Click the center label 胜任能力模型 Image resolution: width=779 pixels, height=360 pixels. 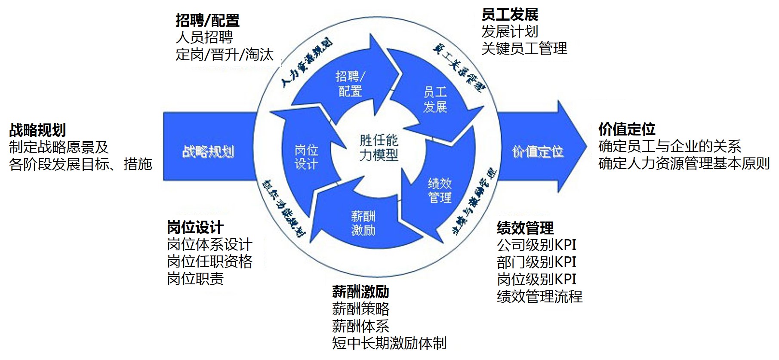tap(379, 148)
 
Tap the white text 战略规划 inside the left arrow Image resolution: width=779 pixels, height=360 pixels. tap(208, 152)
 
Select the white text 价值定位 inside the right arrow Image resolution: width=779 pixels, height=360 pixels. tap(538, 152)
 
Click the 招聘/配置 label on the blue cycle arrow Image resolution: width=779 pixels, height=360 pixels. tap(350, 84)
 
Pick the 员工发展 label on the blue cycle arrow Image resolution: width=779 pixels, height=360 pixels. tap(435, 99)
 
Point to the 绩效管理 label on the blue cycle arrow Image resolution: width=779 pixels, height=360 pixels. tap(440, 191)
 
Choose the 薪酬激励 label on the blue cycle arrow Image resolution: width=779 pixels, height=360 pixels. tap(363, 223)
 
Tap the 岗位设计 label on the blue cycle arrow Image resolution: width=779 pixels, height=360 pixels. tap(306, 157)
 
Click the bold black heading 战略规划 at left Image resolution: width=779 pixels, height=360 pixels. tap(37, 130)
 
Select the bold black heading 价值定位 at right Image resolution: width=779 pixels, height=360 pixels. tap(627, 129)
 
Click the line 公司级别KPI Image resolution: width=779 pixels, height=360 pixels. tap(536, 245)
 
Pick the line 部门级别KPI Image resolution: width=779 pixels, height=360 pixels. tap(536, 262)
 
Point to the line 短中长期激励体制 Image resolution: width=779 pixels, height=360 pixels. tap(389, 343)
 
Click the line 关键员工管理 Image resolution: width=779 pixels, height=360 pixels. tap(524, 49)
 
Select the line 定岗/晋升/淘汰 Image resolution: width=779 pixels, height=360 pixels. tap(225, 55)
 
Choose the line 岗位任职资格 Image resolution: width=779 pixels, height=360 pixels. tap(209, 262)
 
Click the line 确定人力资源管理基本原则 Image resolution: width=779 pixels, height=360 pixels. tap(684, 163)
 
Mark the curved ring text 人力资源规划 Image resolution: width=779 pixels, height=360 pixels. tap(306, 63)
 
